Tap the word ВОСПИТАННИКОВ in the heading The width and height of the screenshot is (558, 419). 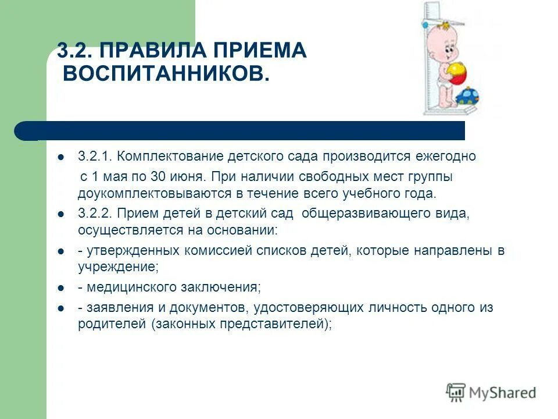point(166,74)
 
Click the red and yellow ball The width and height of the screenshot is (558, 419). point(456,75)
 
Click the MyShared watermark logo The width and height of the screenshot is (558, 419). point(491,392)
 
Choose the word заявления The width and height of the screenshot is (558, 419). point(115,308)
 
